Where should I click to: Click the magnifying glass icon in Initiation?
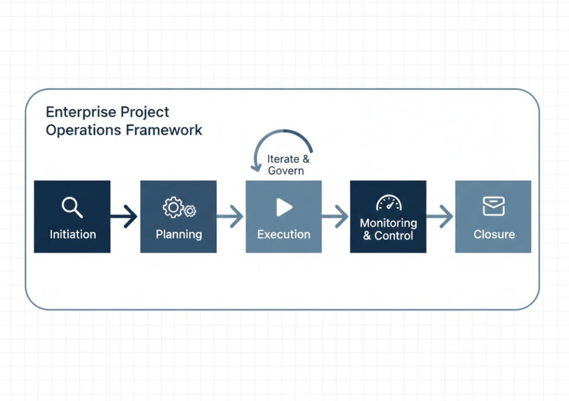coord(72,207)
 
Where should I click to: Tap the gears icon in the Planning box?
coord(179,208)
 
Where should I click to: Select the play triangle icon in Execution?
coord(284,207)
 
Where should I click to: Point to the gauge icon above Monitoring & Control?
coord(388,203)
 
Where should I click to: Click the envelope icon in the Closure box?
coord(494,206)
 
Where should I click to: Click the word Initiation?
coord(72,235)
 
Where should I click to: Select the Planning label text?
coord(179,235)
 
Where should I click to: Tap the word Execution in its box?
coord(284,235)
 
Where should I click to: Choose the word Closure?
coord(494,235)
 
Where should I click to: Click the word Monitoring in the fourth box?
coord(388,223)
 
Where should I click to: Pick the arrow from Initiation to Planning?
coord(124,217)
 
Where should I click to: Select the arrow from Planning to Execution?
coord(230,217)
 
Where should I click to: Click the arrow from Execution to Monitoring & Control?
coord(335,217)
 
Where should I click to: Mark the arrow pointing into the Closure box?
coord(440,217)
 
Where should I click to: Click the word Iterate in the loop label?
coord(284,159)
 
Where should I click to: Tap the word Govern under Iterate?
coord(286,171)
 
